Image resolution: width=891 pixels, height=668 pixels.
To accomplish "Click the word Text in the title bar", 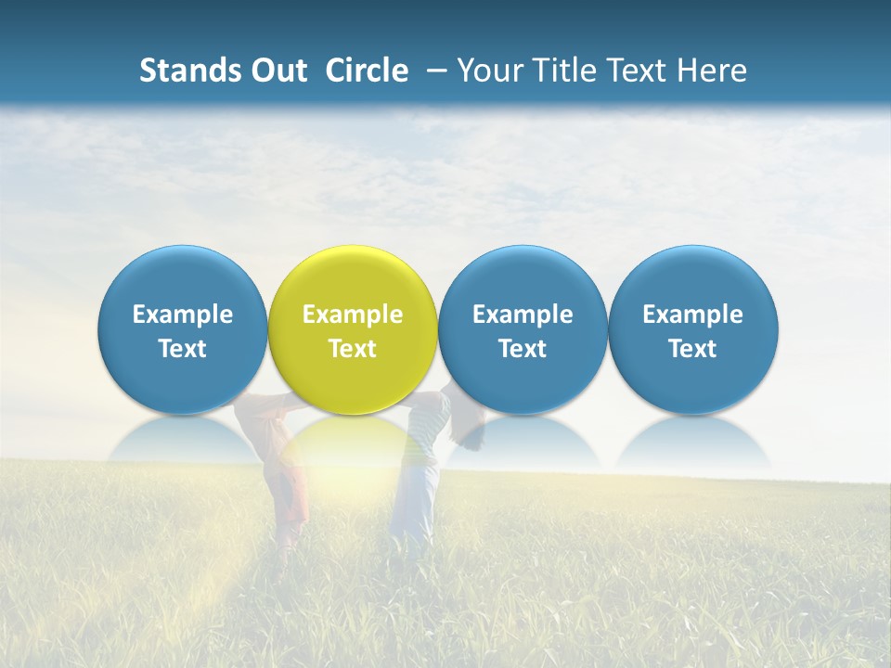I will [x=632, y=71].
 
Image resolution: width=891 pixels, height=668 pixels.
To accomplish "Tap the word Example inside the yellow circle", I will [x=353, y=315].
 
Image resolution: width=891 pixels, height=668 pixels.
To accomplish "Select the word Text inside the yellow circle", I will [x=353, y=349].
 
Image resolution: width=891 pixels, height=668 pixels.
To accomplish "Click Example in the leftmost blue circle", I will [x=182, y=315].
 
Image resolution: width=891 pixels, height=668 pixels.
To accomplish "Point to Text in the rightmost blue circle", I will [x=693, y=349].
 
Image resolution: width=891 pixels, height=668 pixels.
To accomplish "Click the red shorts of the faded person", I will [x=290, y=492].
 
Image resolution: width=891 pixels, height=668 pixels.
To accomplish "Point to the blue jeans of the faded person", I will [x=415, y=501].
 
